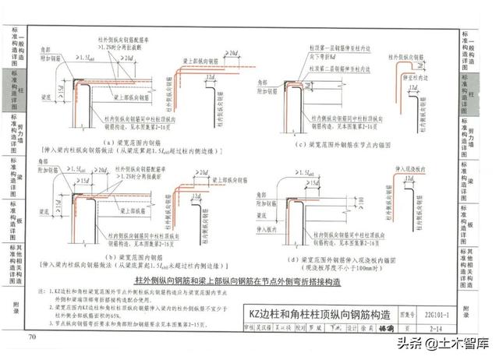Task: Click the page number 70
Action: tap(32, 336)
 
